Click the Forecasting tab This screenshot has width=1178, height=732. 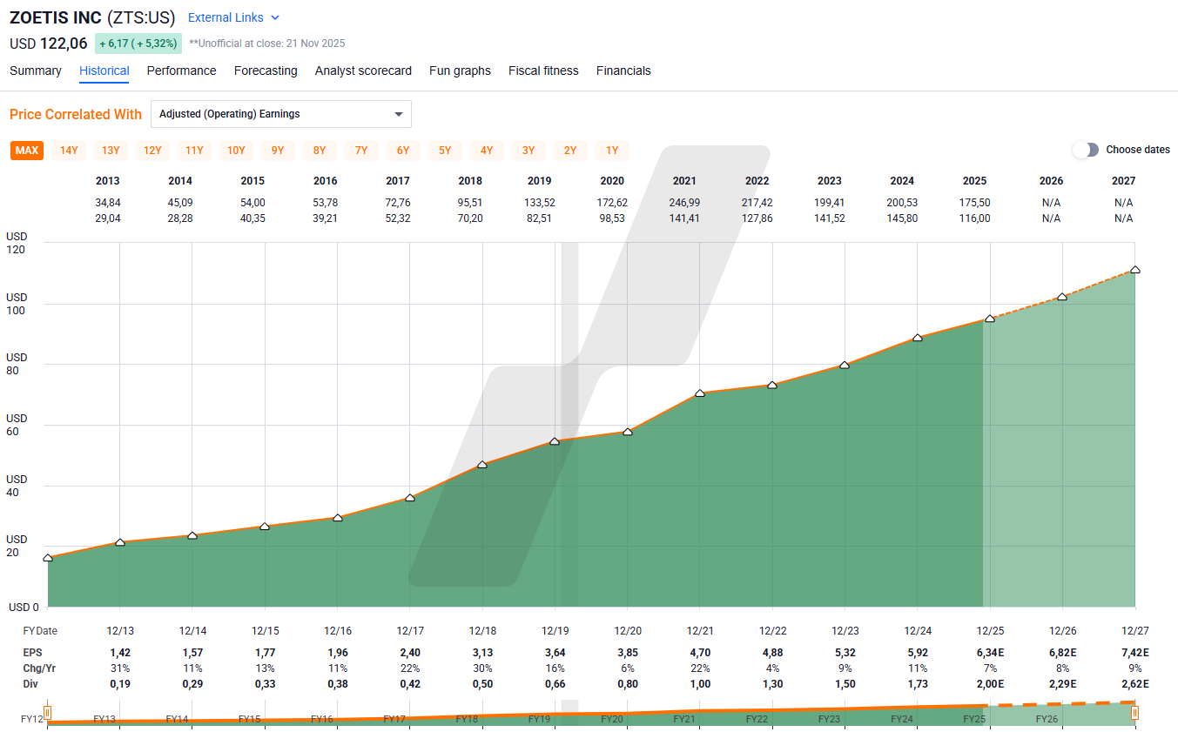tap(266, 71)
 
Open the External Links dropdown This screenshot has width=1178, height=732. tap(234, 17)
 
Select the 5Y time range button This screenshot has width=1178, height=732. tap(445, 151)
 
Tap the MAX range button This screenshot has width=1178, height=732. tap(27, 151)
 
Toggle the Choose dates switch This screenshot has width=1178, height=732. tap(1086, 150)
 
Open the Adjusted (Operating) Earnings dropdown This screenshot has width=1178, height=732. tap(280, 114)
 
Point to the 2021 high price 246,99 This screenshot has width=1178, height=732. tap(684, 203)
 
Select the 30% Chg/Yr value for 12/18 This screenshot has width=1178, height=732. tap(482, 668)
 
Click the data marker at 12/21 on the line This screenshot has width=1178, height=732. tap(700, 393)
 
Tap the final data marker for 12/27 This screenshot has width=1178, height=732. tap(1134, 270)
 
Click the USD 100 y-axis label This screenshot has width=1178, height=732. tap(17, 304)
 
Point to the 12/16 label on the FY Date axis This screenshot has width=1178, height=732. tap(338, 631)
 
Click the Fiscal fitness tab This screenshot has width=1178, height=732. tap(543, 71)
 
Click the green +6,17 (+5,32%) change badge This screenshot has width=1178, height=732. tap(138, 44)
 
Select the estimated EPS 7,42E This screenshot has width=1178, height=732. tap(1134, 652)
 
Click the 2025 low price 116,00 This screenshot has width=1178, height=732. tap(974, 218)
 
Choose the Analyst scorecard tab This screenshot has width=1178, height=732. tap(363, 71)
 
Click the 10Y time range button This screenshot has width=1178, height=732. tap(236, 151)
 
